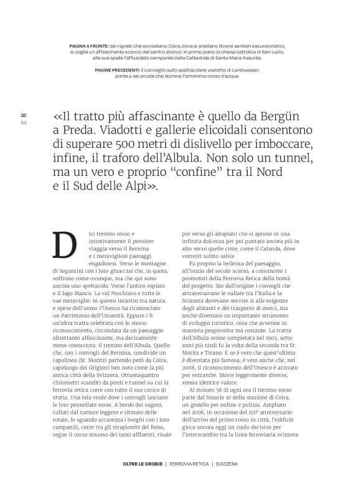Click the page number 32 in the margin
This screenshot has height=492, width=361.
[x=23, y=115]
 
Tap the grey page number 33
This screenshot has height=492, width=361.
[x=23, y=121]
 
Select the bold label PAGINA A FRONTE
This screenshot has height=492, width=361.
[x=88, y=45]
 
